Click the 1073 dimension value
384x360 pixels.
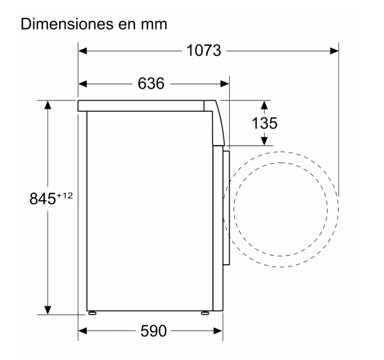[x=203, y=51]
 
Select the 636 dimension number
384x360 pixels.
[x=151, y=84]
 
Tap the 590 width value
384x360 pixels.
[x=153, y=331]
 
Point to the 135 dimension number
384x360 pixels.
[x=265, y=123]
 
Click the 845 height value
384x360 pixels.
[x=43, y=199]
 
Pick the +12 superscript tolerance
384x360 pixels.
[x=65, y=196]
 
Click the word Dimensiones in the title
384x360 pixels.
[x=67, y=24]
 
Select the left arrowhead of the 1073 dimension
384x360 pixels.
[x=83, y=51]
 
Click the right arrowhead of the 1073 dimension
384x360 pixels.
[x=334, y=51]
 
